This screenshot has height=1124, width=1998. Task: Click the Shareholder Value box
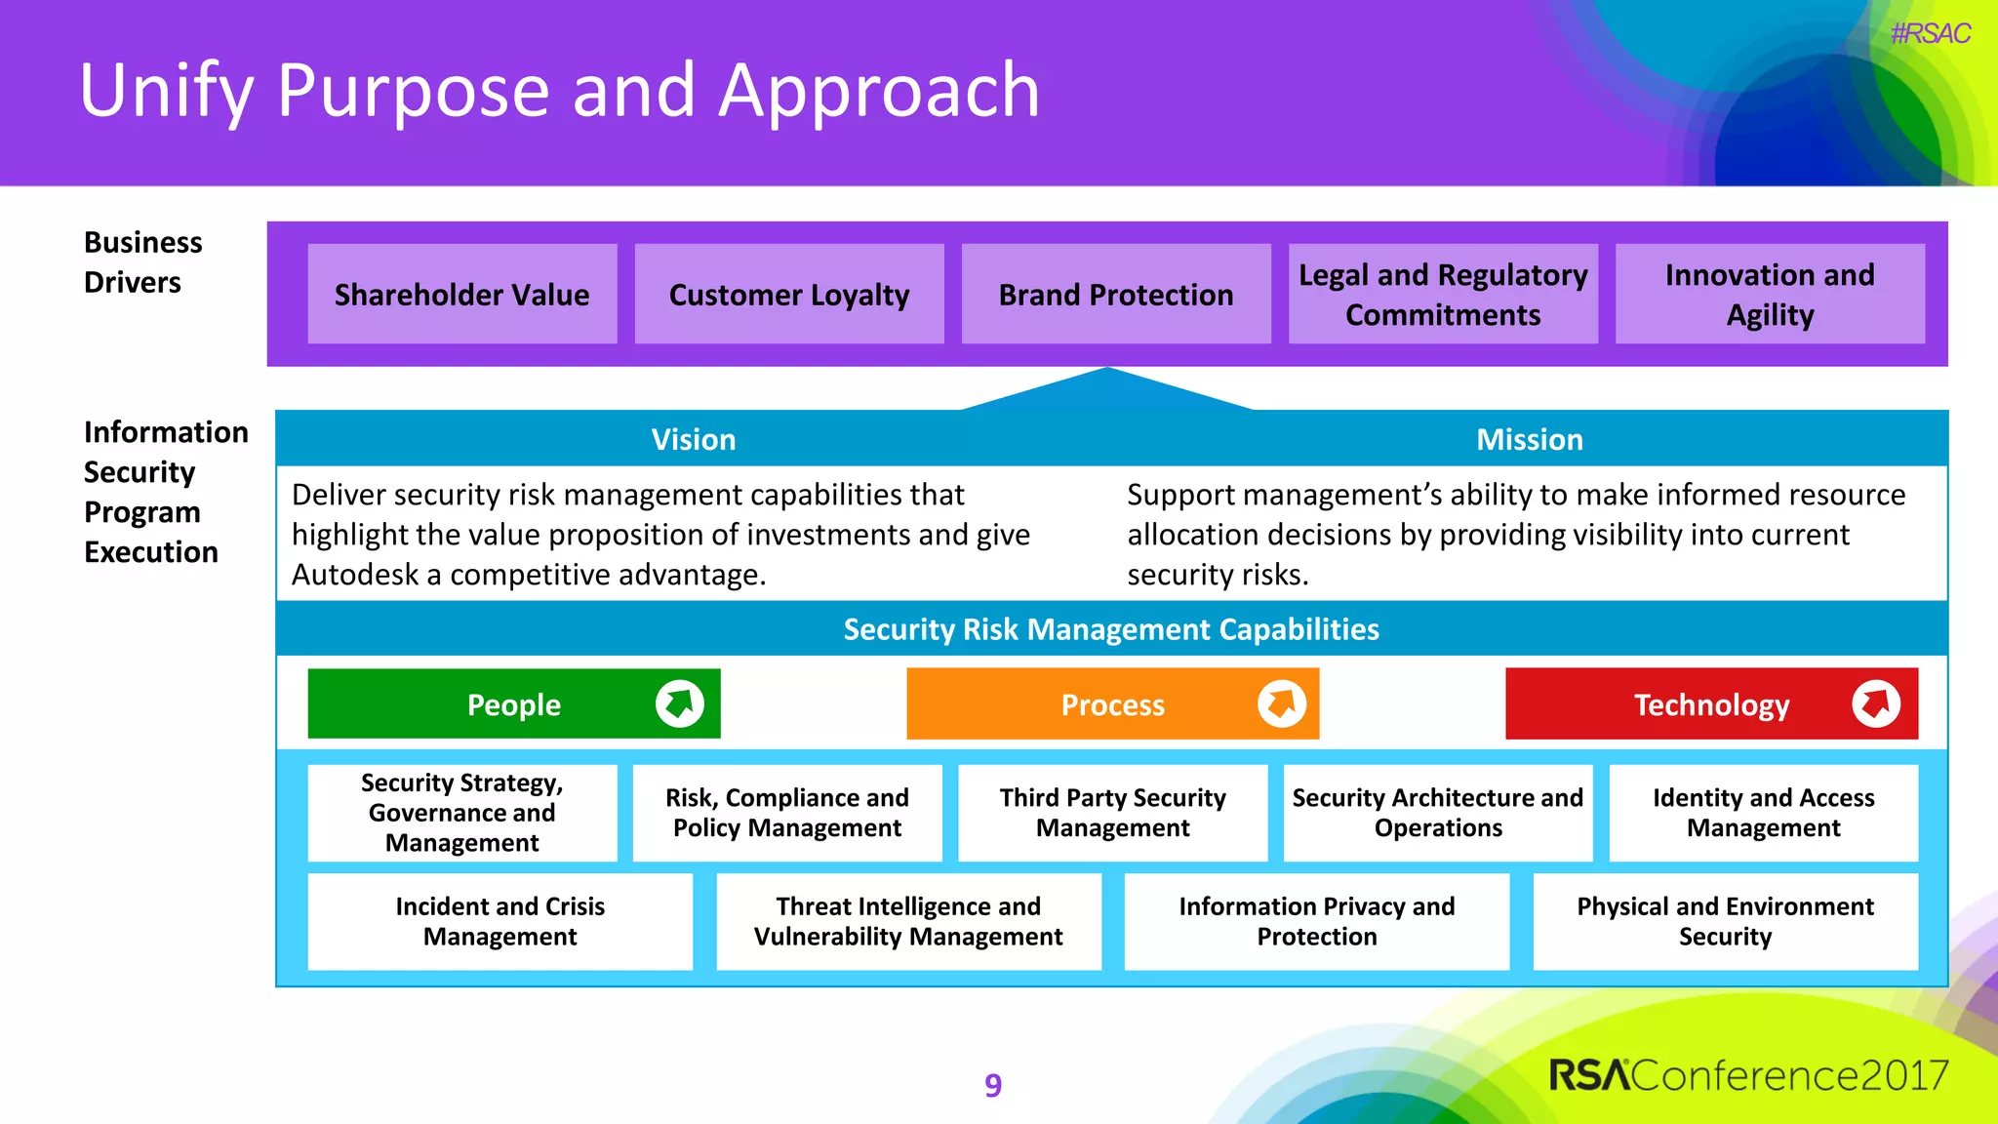pos(461,294)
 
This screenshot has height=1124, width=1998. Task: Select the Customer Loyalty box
pos(788,294)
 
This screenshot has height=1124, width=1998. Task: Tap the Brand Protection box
pos(1116,294)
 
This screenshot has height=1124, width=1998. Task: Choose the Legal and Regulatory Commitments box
pos(1443,294)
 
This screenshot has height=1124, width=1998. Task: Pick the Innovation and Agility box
pos(1770,294)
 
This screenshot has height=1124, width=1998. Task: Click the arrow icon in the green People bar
pos(680,703)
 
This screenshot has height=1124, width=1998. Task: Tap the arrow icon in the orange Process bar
pos(1281,703)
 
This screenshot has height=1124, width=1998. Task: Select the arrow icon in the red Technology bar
pos(1875,703)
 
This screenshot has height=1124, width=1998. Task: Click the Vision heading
pos(694,439)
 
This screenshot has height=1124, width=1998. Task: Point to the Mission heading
pos(1529,439)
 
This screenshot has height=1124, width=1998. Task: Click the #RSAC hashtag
pos(1930,34)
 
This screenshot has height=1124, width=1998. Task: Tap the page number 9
pos(993,1085)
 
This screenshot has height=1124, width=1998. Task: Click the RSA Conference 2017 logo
pos(1747,1075)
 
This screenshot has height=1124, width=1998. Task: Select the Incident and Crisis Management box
pos(499,921)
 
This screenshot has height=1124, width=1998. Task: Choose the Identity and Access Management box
pos(1763,813)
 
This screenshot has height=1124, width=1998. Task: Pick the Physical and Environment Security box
pos(1725,921)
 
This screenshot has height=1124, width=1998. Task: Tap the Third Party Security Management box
pos(1112,813)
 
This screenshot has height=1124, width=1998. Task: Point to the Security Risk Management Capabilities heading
pos(1111,629)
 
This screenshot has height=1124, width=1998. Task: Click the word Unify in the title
pos(166,91)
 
